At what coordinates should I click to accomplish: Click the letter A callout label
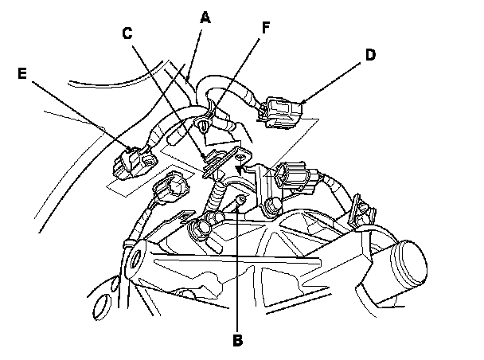tap(205, 18)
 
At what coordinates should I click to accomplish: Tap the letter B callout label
tap(237, 340)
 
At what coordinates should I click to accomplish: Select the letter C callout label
tap(127, 33)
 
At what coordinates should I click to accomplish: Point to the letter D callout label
tap(370, 55)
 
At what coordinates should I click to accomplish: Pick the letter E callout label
tap(22, 73)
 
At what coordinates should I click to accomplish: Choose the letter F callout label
tap(266, 27)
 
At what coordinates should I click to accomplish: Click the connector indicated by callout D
tap(279, 112)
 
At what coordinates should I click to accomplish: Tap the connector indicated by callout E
tap(135, 162)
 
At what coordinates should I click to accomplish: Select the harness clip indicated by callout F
tap(204, 124)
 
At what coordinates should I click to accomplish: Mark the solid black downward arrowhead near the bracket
tap(239, 170)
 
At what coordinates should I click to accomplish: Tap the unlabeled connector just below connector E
tap(170, 188)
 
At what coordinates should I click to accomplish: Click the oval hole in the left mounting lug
tap(135, 257)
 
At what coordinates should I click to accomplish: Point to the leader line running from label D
tap(331, 83)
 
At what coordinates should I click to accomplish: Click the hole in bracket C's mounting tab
tap(240, 158)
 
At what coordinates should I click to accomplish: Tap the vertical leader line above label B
tap(237, 266)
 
